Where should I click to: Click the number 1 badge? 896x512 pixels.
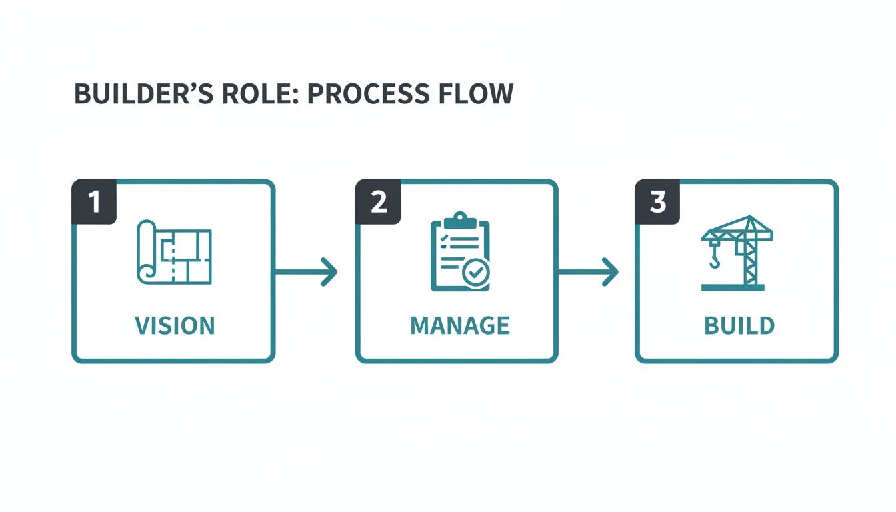pyautogui.click(x=94, y=202)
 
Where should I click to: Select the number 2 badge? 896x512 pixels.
pyautogui.click(x=378, y=202)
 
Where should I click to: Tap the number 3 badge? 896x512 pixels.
pyautogui.click(x=657, y=202)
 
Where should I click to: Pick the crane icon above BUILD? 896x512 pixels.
pyautogui.click(x=737, y=253)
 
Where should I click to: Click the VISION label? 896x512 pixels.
pyautogui.click(x=175, y=326)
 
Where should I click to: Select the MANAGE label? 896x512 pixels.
pyautogui.click(x=460, y=326)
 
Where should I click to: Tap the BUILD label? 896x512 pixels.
pyautogui.click(x=739, y=326)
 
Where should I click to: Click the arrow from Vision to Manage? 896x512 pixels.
pyautogui.click(x=306, y=272)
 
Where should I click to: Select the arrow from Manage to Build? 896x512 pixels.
pyautogui.click(x=587, y=272)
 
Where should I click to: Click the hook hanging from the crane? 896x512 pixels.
pyautogui.click(x=715, y=258)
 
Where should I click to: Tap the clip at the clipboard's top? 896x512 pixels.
pyautogui.click(x=460, y=219)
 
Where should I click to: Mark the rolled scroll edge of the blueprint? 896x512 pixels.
pyautogui.click(x=146, y=253)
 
